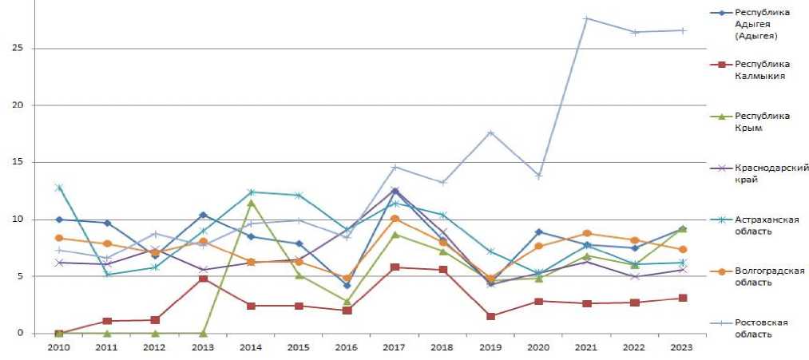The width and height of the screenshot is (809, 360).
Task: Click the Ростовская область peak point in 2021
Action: click(587, 18)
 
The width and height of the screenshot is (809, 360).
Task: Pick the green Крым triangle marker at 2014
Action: click(251, 203)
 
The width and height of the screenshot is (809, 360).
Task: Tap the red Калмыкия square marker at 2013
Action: click(203, 279)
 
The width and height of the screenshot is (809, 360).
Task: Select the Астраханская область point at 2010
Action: click(59, 188)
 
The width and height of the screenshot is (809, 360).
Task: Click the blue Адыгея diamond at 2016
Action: click(347, 285)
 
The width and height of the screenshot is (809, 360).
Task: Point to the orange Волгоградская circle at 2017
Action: click(395, 219)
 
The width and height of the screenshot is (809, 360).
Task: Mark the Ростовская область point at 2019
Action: click(491, 133)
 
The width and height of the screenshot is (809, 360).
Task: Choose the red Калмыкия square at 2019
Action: click(491, 316)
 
